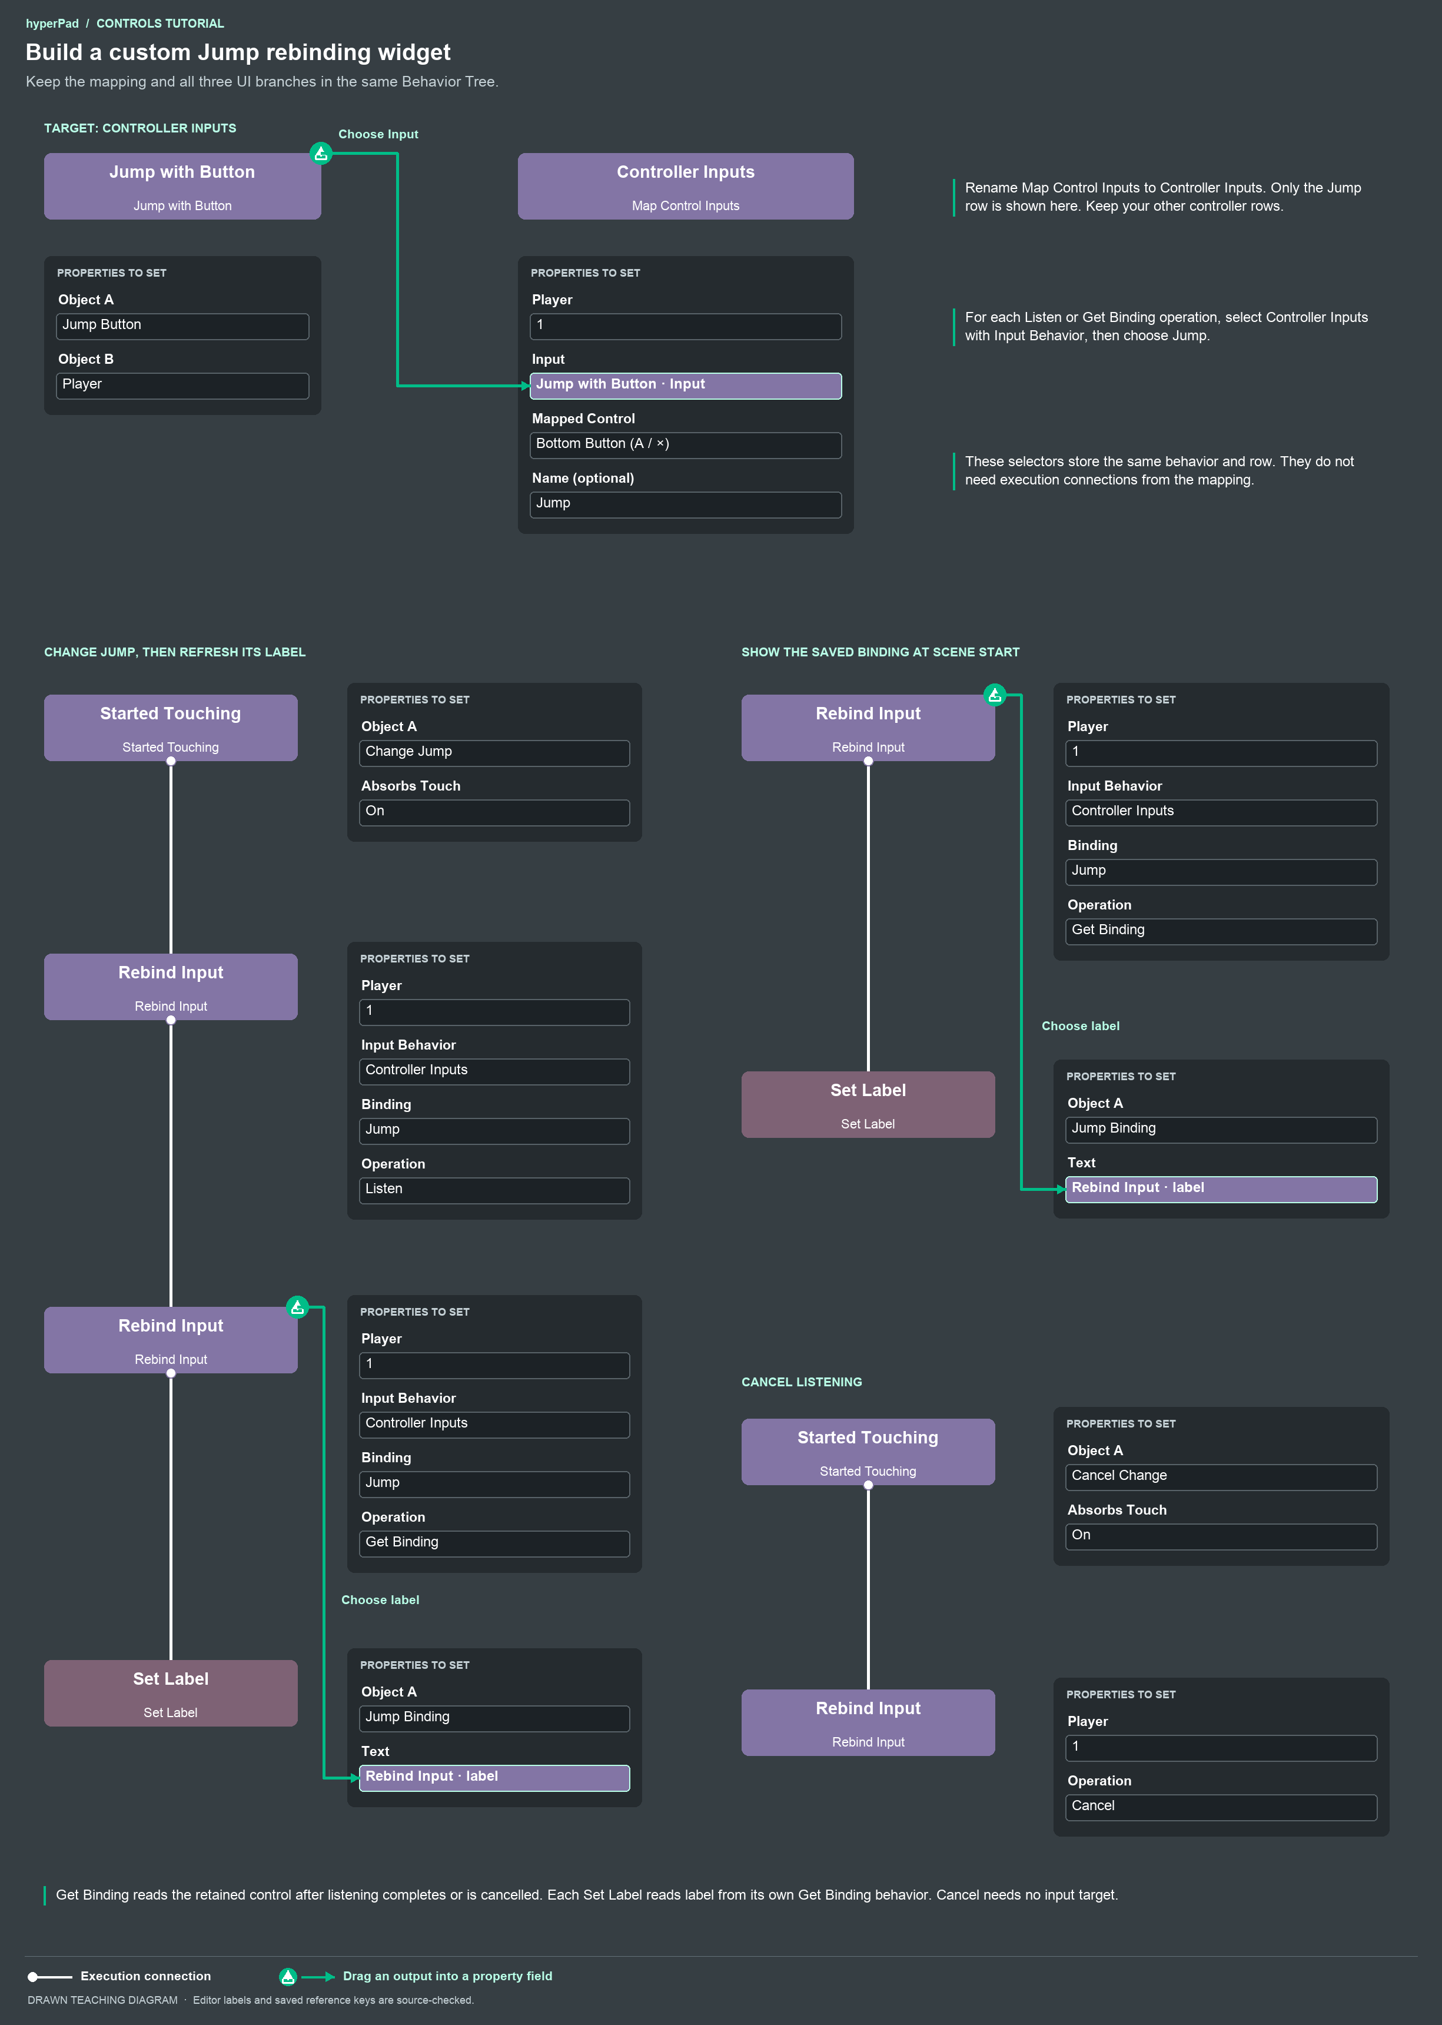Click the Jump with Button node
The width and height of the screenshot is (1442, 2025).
[182, 187]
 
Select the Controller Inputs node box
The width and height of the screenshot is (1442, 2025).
[686, 187]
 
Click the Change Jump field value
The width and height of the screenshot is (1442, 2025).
[494, 752]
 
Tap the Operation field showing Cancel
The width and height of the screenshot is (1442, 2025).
[1221, 1807]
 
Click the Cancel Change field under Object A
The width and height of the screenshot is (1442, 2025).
[1221, 1477]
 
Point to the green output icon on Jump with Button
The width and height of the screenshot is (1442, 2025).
[321, 154]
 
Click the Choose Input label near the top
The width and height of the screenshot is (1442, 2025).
[378, 134]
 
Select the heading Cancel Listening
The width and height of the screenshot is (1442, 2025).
[802, 1382]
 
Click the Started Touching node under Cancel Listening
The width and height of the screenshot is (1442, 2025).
[868, 1451]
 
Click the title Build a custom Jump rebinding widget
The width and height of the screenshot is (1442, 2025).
[238, 52]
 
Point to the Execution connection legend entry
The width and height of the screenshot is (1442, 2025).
[120, 1976]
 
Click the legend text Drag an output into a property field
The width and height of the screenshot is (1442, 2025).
[447, 1976]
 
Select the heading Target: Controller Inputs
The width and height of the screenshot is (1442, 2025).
[140, 128]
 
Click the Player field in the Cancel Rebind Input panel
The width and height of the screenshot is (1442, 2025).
[1221, 1748]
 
